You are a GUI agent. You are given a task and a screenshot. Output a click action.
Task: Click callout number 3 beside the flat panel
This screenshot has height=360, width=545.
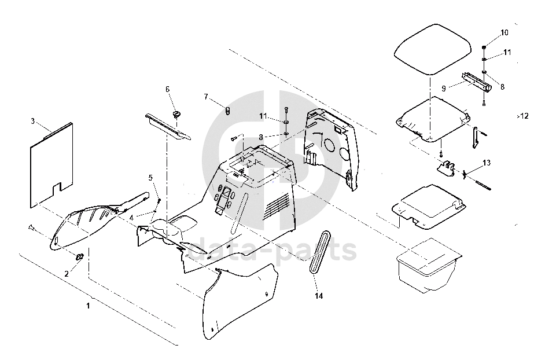pyautogui.click(x=32, y=122)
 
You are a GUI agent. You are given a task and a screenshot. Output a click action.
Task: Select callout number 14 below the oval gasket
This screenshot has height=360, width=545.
pyautogui.click(x=319, y=296)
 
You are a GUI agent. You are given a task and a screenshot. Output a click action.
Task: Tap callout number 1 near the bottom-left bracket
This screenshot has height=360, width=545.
pyautogui.click(x=89, y=306)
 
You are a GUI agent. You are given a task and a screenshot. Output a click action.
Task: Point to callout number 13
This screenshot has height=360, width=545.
pyautogui.click(x=487, y=163)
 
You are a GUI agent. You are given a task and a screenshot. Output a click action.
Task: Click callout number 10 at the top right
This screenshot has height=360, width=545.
pyautogui.click(x=505, y=32)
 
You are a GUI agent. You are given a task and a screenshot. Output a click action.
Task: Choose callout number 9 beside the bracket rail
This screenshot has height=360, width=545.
pyautogui.click(x=444, y=89)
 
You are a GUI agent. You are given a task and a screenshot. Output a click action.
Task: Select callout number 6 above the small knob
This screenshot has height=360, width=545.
pyautogui.click(x=168, y=89)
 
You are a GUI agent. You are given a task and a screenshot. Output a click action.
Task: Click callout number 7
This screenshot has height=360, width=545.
pyautogui.click(x=206, y=97)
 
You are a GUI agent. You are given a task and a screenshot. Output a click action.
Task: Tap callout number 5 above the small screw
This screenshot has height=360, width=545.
pyautogui.click(x=150, y=178)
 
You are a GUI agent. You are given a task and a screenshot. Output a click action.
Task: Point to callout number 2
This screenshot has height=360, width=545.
pyautogui.click(x=67, y=274)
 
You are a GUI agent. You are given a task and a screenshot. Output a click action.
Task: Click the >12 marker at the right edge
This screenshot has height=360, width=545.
pyautogui.click(x=522, y=116)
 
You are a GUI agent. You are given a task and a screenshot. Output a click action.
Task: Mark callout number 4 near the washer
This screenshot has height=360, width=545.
pyautogui.click(x=131, y=218)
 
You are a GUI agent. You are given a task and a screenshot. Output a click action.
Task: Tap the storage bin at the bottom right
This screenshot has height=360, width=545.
pyautogui.click(x=429, y=265)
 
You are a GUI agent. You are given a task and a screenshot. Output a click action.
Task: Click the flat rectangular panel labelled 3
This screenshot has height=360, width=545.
pyautogui.click(x=51, y=165)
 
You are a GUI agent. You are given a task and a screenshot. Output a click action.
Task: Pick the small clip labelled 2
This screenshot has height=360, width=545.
pyautogui.click(x=80, y=257)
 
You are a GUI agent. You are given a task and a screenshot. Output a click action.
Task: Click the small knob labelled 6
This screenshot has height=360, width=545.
pyautogui.click(x=177, y=114)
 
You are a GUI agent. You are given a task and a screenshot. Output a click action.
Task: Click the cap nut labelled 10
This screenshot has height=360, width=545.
pyautogui.click(x=484, y=47)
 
